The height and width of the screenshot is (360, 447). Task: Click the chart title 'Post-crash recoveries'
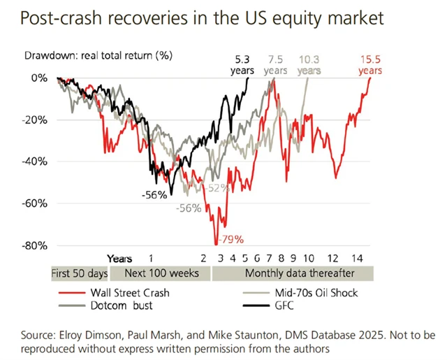tap(203, 19)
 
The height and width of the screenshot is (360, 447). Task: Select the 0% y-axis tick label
tap(38, 78)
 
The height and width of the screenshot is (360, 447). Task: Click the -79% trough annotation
tap(230, 240)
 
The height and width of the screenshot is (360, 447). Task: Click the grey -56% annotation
tap(189, 208)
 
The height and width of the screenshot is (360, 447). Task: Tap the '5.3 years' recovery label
tap(242, 64)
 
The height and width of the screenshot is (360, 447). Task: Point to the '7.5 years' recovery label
tap(275, 64)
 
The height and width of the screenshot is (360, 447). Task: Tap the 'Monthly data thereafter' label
tap(299, 273)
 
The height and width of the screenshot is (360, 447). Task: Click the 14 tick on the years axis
tap(357, 257)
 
